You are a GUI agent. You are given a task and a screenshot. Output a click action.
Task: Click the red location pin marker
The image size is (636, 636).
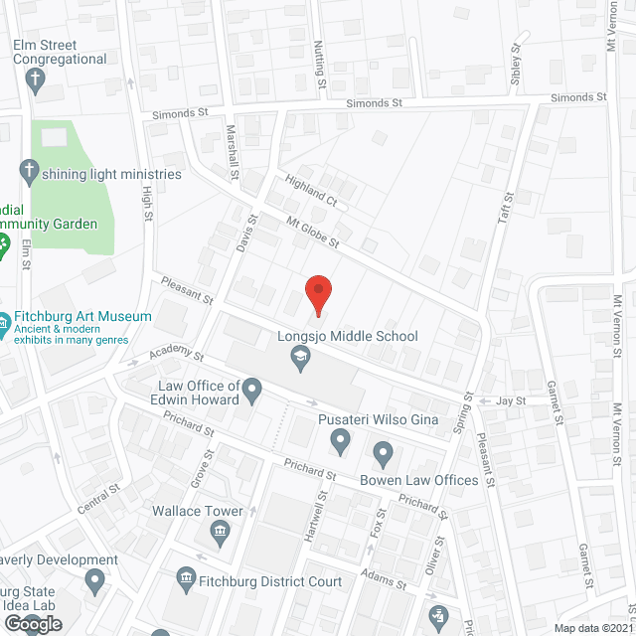pos(317,294)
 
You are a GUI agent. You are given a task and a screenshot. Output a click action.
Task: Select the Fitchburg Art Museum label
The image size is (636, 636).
pos(81,317)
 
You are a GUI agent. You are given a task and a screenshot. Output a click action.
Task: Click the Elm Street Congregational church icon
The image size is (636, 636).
pos(37,80)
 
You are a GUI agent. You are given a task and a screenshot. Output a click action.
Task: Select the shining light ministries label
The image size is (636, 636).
pos(111,174)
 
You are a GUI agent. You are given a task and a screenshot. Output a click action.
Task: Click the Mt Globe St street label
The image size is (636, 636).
pos(312,234)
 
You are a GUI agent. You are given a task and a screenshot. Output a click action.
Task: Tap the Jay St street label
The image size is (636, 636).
pos(510,400)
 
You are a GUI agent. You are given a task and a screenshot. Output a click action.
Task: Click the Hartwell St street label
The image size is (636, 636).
pos(321,511)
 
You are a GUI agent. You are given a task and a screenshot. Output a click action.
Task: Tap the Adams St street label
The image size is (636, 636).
pos(385,578)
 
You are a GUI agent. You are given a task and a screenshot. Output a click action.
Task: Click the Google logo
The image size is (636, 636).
pos(33,623)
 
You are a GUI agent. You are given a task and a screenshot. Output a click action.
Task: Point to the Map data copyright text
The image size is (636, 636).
pos(592,628)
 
